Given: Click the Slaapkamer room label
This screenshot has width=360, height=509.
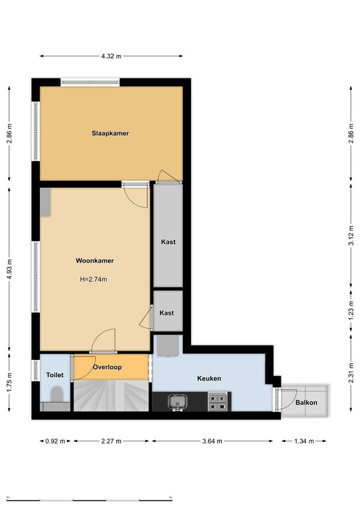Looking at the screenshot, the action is (110, 133).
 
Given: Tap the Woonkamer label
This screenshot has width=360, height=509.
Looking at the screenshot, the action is (95, 260).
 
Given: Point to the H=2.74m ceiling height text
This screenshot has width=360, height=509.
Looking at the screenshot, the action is (93, 279).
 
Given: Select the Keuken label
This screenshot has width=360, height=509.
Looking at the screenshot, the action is (209, 378).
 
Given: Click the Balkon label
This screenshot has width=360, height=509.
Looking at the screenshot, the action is (306, 402).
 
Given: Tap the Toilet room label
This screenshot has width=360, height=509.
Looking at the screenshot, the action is (55, 375).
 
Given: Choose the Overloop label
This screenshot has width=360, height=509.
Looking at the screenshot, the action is (107, 367).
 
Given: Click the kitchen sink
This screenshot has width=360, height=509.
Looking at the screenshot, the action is (177, 402).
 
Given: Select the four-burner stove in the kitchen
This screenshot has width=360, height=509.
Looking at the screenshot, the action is (217, 402).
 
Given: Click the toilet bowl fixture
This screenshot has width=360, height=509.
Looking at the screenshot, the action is (57, 394).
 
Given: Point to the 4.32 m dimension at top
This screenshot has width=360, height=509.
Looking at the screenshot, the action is (111, 56).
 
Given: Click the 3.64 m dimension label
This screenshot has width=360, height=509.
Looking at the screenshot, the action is (212, 441).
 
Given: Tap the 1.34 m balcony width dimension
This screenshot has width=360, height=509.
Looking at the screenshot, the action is (304, 441).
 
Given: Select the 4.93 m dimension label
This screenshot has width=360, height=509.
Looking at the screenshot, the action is (9, 269).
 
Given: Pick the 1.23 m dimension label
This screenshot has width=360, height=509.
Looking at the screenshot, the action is (351, 311).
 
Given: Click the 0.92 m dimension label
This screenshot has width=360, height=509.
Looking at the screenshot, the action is (55, 441).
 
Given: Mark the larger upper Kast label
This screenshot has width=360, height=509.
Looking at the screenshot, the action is (168, 242).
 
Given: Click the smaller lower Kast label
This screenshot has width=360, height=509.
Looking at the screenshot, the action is (166, 313).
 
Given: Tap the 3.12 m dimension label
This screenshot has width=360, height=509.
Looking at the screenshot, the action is (351, 235).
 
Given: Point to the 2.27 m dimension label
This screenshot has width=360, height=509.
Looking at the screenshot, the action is (111, 441).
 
